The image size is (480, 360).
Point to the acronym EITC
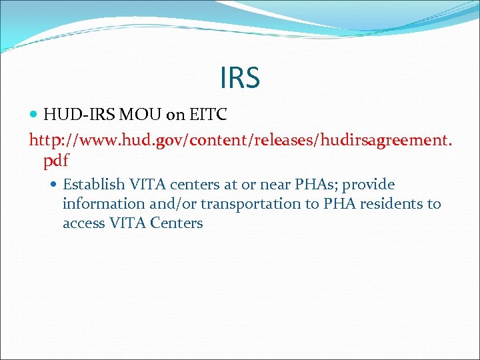pyautogui.click(x=208, y=115)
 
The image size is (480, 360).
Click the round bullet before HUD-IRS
pyautogui.click(x=35, y=115)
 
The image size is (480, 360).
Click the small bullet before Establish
pyautogui.click(x=56, y=185)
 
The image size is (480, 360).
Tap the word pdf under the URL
pyautogui.click(x=56, y=161)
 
